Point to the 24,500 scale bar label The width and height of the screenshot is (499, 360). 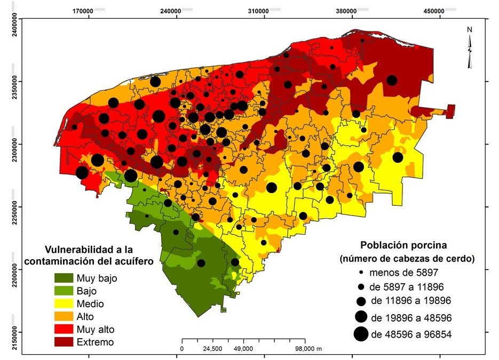(x=212, y=349)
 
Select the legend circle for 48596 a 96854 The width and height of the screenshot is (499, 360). (x=361, y=334)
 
